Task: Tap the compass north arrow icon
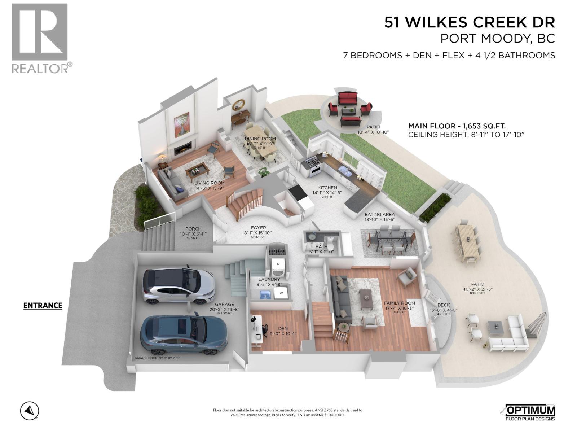30,411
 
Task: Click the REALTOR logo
40,38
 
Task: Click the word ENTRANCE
43,306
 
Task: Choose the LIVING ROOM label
210,183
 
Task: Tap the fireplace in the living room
182,148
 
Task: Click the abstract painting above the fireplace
182,124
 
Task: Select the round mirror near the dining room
238,105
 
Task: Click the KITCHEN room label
327,188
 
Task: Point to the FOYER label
258,228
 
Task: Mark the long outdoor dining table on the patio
468,242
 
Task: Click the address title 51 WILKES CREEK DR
469,22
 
